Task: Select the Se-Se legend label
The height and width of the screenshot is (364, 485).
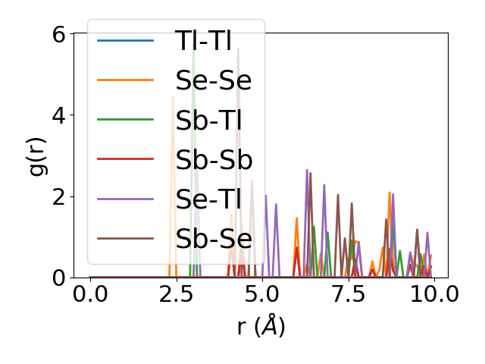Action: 214,80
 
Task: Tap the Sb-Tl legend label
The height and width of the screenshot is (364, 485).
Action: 214,120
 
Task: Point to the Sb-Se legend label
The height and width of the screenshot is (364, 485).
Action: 214,239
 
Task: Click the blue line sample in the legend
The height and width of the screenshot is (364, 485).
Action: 126,40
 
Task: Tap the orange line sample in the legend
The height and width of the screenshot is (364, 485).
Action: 126,80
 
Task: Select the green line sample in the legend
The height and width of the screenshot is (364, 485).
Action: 126,120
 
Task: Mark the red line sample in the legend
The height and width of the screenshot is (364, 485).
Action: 126,159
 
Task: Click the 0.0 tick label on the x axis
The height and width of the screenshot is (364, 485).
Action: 90,295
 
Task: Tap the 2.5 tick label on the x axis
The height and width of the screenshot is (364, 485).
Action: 176,295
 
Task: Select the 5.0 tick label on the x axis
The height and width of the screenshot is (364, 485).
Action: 262,295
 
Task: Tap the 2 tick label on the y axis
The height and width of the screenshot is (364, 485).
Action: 58,196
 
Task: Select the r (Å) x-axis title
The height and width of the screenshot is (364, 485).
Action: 261,326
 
